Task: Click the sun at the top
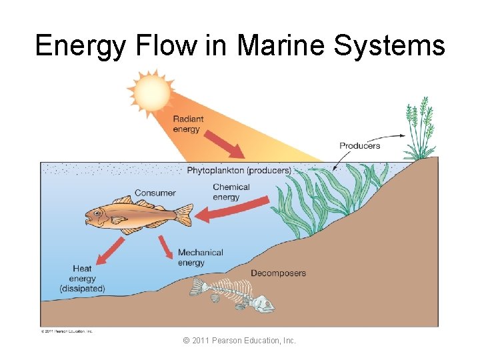151,92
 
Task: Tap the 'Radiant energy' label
188,124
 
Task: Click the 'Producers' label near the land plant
359,145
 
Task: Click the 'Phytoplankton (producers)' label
239,171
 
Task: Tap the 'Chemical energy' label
231,192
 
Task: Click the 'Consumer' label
155,193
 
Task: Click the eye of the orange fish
97,214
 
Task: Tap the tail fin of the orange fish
183,215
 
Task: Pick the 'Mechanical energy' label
200,257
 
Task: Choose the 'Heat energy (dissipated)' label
83,279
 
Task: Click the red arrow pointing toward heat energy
109,249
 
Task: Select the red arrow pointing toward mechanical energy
165,247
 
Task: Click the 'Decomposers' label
278,273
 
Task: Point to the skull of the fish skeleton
262,304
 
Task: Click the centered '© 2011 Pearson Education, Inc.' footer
239,341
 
